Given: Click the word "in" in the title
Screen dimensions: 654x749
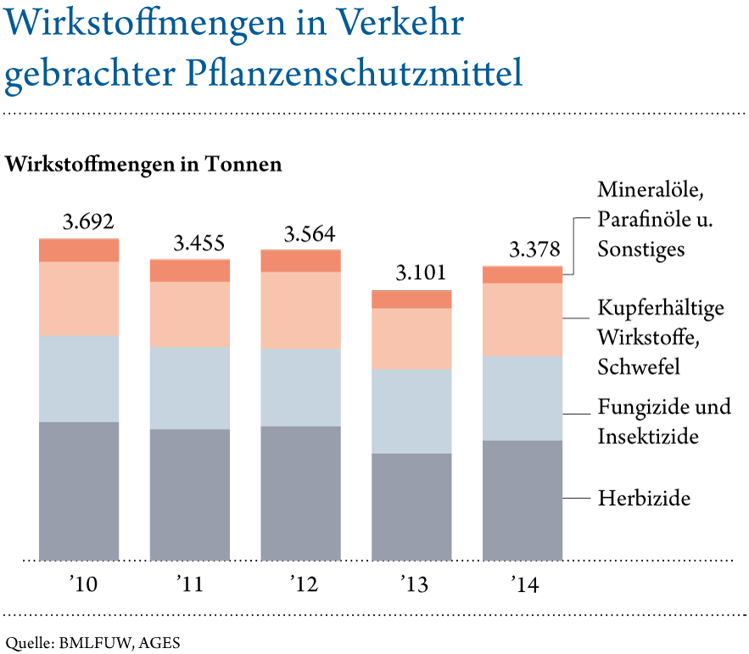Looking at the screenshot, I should (306, 25).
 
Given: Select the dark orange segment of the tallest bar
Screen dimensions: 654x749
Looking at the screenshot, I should (79, 250).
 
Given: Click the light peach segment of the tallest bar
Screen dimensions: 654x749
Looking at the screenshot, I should (79, 299).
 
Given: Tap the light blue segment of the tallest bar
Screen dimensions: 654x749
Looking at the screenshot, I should (79, 378).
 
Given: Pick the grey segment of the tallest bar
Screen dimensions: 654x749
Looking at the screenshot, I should (79, 490).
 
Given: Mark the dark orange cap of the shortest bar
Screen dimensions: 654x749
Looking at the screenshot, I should (411, 299).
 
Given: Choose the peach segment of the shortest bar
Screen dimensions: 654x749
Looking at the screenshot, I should (411, 338).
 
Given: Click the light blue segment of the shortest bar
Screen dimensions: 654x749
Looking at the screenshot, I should (411, 411).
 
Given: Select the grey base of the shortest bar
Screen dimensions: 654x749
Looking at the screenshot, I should (411, 506).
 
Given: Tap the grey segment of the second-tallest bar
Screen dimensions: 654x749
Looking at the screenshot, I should (300, 493).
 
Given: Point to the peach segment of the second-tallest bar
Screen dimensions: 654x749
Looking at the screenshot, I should (300, 310).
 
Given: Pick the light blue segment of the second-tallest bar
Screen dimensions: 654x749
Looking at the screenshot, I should (300, 388).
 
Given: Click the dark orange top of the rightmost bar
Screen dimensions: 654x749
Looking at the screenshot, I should (523, 274).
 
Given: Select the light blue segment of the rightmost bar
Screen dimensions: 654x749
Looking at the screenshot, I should (523, 398).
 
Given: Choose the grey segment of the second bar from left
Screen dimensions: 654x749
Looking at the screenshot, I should (189, 495).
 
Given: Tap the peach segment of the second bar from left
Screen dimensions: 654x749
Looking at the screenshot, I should (189, 314).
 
